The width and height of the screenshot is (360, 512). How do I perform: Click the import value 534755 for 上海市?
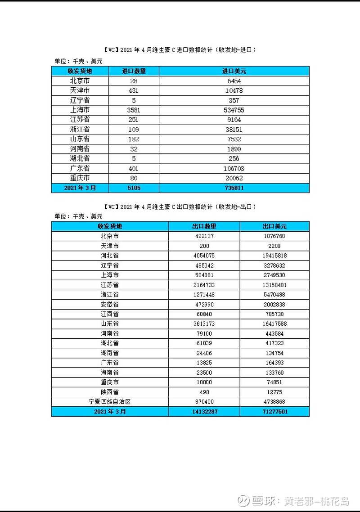click(234, 110)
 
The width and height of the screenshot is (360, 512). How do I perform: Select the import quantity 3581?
click(134, 110)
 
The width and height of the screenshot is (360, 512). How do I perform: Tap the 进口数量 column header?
click(134, 71)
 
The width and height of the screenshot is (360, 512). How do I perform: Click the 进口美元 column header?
click(234, 71)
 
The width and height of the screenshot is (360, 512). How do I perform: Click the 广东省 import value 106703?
click(234, 169)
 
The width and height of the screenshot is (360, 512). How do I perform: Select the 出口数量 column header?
click(204, 226)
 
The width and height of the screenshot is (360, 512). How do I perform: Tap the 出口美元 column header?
click(274, 226)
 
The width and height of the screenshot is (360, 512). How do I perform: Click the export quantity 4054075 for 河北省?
click(204, 256)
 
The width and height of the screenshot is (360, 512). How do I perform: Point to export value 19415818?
click(274, 256)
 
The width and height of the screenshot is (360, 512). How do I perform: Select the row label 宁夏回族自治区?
click(110, 402)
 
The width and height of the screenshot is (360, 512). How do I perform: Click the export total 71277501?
click(274, 412)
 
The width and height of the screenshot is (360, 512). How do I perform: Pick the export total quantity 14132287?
click(204, 412)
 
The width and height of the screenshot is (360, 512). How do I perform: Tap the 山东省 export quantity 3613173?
click(204, 324)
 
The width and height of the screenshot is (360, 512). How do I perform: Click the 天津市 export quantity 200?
click(204, 246)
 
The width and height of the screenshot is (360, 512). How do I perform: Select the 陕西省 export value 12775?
click(274, 392)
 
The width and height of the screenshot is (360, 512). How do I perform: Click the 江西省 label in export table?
click(110, 314)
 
